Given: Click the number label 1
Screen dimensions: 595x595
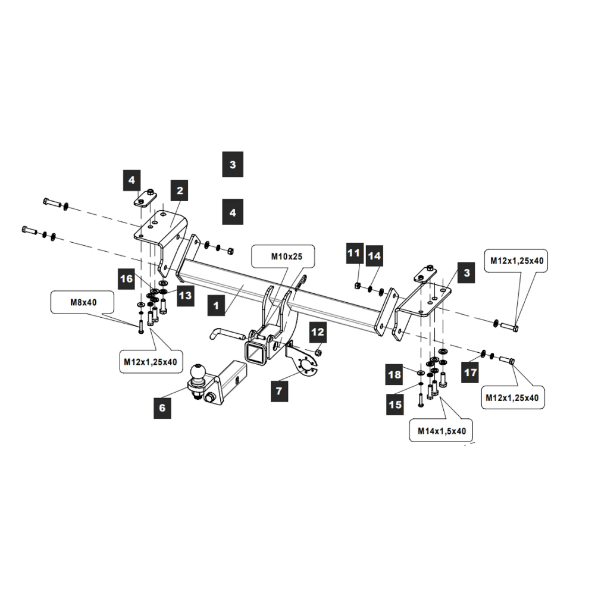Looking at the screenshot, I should coord(217,307).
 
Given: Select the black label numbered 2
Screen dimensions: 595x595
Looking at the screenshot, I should coord(179,191).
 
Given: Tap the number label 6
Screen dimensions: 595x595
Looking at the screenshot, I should coord(162,408).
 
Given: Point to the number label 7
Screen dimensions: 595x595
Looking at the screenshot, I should coord(278,392).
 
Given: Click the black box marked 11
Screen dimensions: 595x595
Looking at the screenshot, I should coord(354,253).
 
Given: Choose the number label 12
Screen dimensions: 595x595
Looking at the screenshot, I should coord(317,331).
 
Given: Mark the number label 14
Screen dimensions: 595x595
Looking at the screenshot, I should coord(374,256).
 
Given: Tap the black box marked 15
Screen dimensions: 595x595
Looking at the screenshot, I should coord(396,404).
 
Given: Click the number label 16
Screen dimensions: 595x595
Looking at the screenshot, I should coord(126,278).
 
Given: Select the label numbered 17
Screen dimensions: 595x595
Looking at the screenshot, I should coord(471,373).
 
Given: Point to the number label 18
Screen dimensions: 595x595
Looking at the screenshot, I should coord(395,375).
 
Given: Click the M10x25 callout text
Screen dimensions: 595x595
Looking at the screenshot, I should coord(283,257).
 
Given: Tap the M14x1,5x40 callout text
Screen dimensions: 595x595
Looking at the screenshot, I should coord(441,431).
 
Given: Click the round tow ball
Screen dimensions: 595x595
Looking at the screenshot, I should coord(198,374).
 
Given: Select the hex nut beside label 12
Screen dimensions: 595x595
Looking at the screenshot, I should coord(317,353).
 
